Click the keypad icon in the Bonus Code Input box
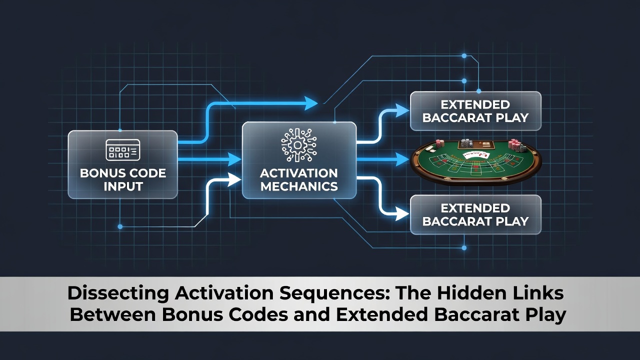[123, 149]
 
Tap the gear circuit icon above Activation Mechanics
[299, 145]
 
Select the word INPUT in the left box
[123, 186]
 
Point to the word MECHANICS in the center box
[299, 186]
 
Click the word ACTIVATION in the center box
[299, 173]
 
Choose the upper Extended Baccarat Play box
[475, 111]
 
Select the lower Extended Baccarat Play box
[475, 215]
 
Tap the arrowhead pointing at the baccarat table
[402, 159]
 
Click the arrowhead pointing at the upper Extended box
[402, 110]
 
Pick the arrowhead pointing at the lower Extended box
[402, 213]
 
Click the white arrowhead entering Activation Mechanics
[234, 179]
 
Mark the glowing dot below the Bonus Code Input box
[120, 227]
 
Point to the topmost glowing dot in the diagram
[464, 55]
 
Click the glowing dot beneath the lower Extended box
[464, 248]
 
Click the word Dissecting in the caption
[117, 293]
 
